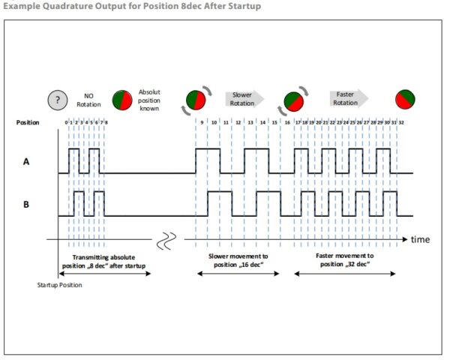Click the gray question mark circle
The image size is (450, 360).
[x=57, y=99]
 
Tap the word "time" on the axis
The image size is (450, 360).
[x=420, y=239]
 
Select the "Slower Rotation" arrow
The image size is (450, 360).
[x=243, y=99]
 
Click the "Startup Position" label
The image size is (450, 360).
[x=58, y=285]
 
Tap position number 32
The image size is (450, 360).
[x=402, y=122]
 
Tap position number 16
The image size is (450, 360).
[x=287, y=122]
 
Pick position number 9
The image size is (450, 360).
[x=202, y=122]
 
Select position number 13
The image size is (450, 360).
[x=250, y=122]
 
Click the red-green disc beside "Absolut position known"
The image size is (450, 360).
[x=122, y=99]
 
